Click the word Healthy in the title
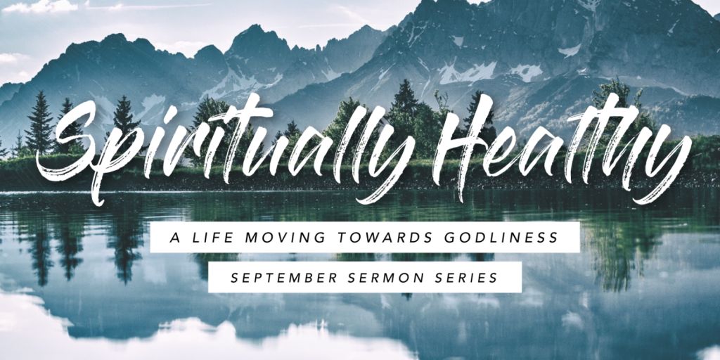click(562, 147)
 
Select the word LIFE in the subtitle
click(206, 238)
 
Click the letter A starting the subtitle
click(174, 238)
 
